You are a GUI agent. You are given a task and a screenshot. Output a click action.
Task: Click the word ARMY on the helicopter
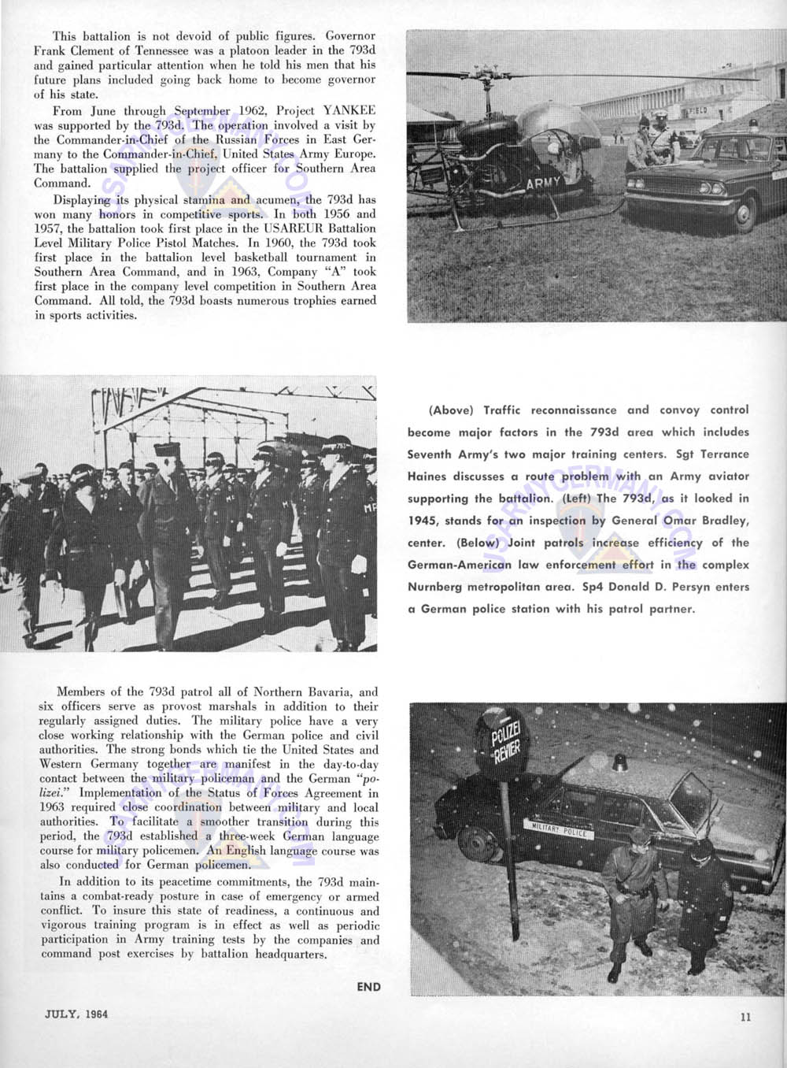544,183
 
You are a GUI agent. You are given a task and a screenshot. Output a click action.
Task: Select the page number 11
745,1017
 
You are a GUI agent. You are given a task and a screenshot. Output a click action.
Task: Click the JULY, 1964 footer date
76,1014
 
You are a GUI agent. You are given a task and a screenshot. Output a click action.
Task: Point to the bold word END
368,987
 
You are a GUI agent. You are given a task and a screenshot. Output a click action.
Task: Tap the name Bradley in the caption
725,521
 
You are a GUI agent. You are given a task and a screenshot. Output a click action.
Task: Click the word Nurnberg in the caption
434,587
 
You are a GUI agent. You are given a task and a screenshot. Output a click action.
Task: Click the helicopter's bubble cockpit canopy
551,134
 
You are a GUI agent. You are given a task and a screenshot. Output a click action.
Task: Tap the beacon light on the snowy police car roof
621,762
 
